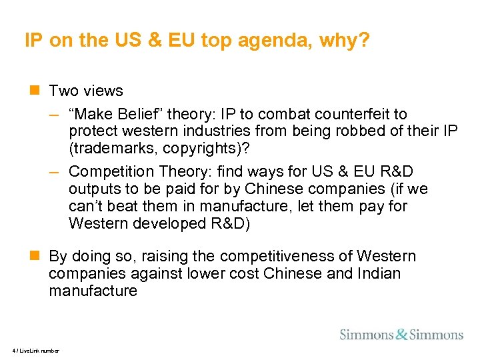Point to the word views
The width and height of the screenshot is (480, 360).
click(x=101, y=91)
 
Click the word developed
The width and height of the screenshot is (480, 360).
click(x=163, y=224)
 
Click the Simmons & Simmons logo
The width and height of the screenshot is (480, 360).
click(x=401, y=334)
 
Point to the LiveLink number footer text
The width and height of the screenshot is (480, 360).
click(x=35, y=351)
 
